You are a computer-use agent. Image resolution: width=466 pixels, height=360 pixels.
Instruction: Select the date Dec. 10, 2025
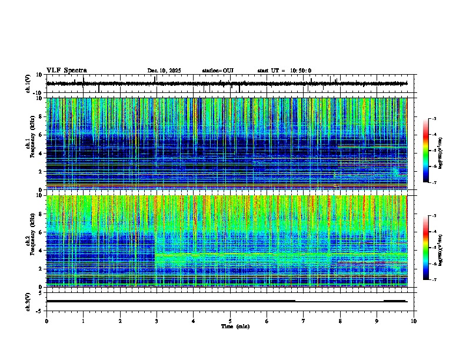pyautogui.click(x=164, y=71)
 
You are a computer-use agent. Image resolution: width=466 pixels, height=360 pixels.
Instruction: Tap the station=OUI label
pyautogui.click(x=218, y=71)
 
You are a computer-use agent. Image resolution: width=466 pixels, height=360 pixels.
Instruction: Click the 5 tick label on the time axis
pyautogui.click(x=230, y=321)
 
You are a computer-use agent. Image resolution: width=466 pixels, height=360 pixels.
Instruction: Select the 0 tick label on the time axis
pyautogui.click(x=46, y=321)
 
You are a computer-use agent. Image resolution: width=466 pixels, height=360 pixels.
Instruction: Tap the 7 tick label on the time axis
pyautogui.click(x=304, y=321)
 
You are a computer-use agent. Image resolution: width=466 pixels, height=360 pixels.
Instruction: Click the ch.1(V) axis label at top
pyautogui.click(x=28, y=84)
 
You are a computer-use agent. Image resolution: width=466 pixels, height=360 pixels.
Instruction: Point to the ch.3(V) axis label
pyautogui.click(x=28, y=301)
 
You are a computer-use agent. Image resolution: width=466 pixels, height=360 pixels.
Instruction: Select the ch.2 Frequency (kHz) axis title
pyautogui.click(x=31, y=241)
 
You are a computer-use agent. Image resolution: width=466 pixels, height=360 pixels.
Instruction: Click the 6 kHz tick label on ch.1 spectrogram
pyautogui.click(x=41, y=135)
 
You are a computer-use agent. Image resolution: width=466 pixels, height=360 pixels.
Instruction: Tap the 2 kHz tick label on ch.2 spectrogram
pyautogui.click(x=41, y=269)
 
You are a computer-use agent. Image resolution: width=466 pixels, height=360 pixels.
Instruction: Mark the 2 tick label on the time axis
pyautogui.click(x=120, y=321)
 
